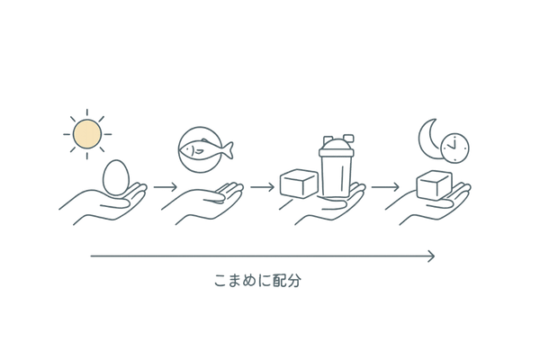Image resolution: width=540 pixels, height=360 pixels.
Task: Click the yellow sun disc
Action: click(87, 133)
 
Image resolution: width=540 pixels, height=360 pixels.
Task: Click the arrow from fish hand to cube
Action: click(261, 187)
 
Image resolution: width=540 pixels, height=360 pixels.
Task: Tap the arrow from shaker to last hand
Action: click(385, 187)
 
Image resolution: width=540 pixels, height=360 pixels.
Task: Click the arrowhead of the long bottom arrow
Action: click(434, 257)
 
